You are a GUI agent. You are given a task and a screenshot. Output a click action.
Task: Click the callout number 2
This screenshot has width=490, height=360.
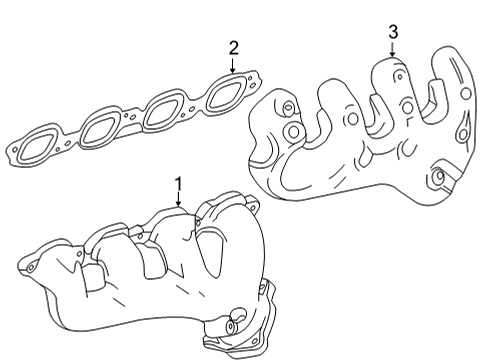(233, 47)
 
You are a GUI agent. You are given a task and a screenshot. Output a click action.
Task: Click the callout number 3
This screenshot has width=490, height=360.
(392, 32)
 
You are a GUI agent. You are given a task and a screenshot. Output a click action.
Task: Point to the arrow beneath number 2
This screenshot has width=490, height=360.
(233, 64)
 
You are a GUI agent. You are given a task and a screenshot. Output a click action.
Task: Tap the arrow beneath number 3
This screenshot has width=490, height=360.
(392, 49)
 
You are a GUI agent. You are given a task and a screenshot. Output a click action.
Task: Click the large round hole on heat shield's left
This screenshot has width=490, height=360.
(293, 131)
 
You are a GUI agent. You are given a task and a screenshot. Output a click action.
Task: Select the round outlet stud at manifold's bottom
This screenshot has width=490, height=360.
(232, 326)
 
